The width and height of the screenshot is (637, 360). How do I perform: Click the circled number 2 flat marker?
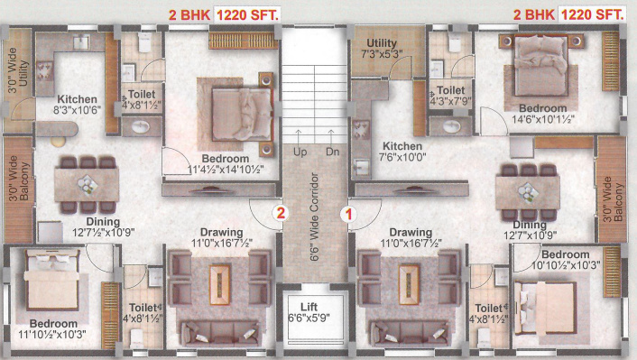[x=281, y=214]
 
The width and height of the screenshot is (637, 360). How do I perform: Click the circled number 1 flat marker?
[x=348, y=214]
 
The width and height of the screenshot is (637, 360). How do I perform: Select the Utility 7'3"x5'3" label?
[x=382, y=49]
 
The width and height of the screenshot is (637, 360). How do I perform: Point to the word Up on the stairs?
[x=300, y=152]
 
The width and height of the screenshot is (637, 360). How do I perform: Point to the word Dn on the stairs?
[x=332, y=152]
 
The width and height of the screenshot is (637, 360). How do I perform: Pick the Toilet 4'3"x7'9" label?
[x=450, y=97]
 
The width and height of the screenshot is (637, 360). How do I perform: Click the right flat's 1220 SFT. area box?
[x=592, y=15]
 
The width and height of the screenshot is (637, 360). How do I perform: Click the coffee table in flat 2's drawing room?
[x=217, y=279]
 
